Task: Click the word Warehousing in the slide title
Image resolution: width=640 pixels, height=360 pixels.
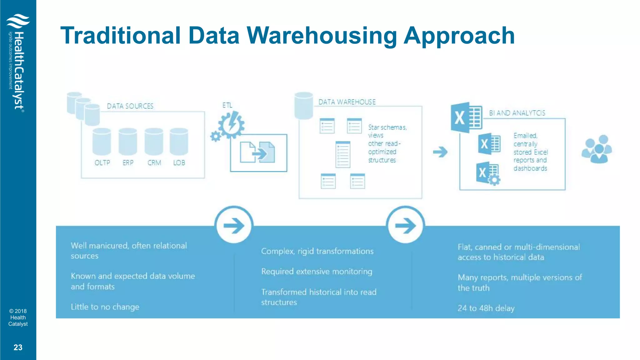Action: (322, 36)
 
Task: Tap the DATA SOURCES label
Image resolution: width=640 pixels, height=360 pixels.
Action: (130, 106)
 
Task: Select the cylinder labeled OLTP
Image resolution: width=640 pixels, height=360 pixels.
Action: (102, 142)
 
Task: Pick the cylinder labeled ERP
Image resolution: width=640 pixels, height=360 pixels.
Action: (128, 142)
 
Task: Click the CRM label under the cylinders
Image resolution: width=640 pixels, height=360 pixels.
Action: (154, 163)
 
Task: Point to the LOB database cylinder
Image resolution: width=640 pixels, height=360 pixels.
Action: (179, 142)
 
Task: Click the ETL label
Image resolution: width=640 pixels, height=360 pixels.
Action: (227, 105)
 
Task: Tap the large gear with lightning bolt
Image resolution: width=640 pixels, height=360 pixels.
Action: (232, 125)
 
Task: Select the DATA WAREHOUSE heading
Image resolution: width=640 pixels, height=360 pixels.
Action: (347, 102)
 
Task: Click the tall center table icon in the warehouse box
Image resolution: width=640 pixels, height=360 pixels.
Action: (343, 154)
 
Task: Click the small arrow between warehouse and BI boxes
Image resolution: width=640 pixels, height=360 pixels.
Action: (440, 152)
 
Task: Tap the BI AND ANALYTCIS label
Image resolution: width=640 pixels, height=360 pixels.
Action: (517, 113)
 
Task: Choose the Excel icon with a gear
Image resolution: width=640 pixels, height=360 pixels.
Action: (488, 173)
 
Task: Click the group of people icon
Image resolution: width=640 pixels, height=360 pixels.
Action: (597, 149)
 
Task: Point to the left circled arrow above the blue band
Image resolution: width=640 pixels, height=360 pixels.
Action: (234, 225)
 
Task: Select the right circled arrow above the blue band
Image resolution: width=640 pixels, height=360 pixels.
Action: (405, 225)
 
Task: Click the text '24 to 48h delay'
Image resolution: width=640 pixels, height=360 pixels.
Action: (486, 308)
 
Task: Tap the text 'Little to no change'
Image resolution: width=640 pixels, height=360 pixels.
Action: (105, 307)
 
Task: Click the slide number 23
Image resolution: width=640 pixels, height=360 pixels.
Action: (18, 347)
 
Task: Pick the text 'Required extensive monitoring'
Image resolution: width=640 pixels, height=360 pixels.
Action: (317, 272)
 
